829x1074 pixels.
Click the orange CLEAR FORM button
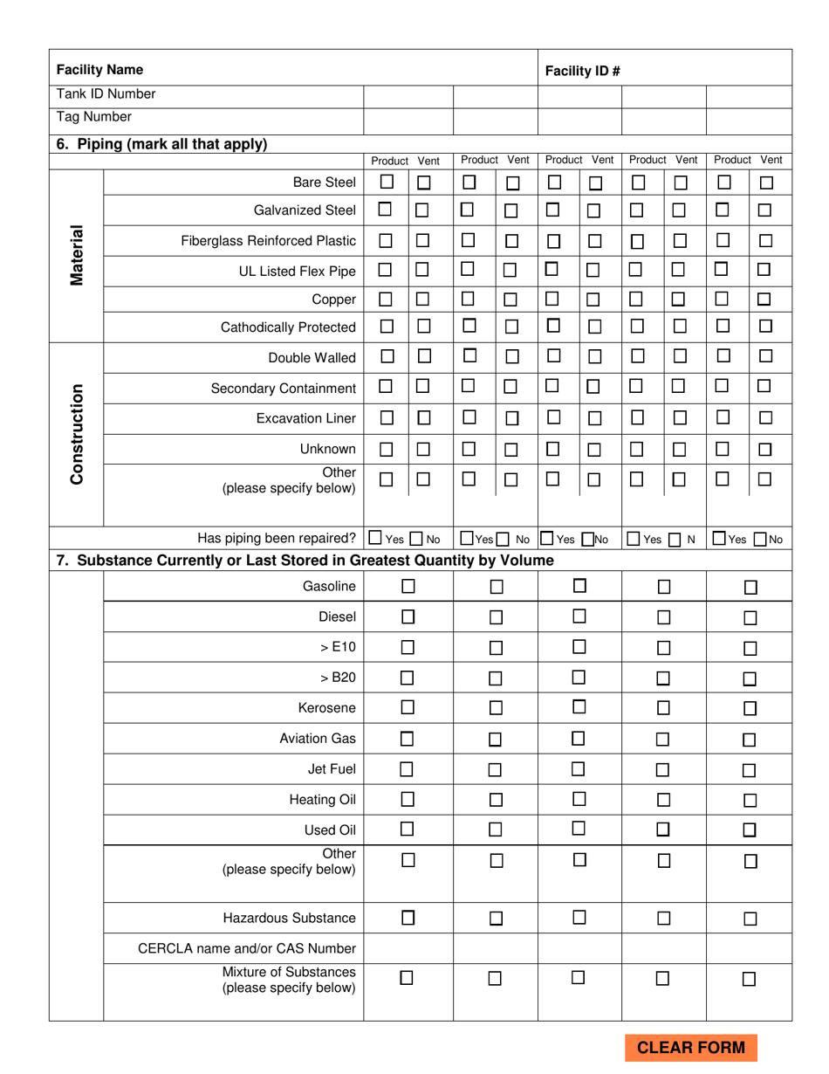click(x=691, y=1048)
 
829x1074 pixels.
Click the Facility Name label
click(x=99, y=70)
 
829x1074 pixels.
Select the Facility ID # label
click(x=582, y=71)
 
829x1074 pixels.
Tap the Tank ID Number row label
click(x=106, y=94)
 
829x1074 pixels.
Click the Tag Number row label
click(x=94, y=117)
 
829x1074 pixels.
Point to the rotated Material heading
click(x=77, y=255)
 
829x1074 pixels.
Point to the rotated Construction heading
click(x=77, y=433)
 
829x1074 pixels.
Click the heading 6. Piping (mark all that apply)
click(x=161, y=145)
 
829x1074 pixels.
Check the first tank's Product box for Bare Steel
click(x=387, y=182)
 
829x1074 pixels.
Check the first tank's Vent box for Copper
click(x=423, y=299)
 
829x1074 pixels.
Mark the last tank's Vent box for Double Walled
click(x=765, y=356)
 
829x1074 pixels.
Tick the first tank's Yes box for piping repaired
click(x=375, y=539)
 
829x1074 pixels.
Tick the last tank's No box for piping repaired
click(x=760, y=539)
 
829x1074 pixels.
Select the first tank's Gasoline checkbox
click(x=408, y=587)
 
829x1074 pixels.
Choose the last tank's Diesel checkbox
click(x=750, y=618)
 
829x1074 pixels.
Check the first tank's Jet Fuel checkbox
click(x=408, y=769)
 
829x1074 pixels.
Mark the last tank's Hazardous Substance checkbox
click(x=750, y=919)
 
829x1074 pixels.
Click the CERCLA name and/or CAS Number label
click(x=247, y=948)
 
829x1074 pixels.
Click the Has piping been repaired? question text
click(x=277, y=538)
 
